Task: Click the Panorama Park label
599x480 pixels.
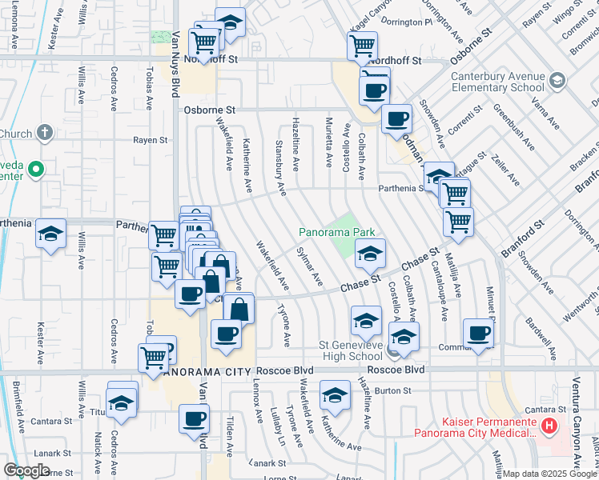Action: click(337, 232)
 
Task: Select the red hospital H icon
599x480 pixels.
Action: click(549, 426)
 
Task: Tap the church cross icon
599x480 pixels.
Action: click(45, 133)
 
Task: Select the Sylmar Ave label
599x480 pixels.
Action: click(309, 266)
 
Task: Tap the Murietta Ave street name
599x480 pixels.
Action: click(328, 141)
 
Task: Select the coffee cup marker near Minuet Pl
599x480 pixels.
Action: click(478, 334)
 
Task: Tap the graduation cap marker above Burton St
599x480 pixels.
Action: click(335, 395)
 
